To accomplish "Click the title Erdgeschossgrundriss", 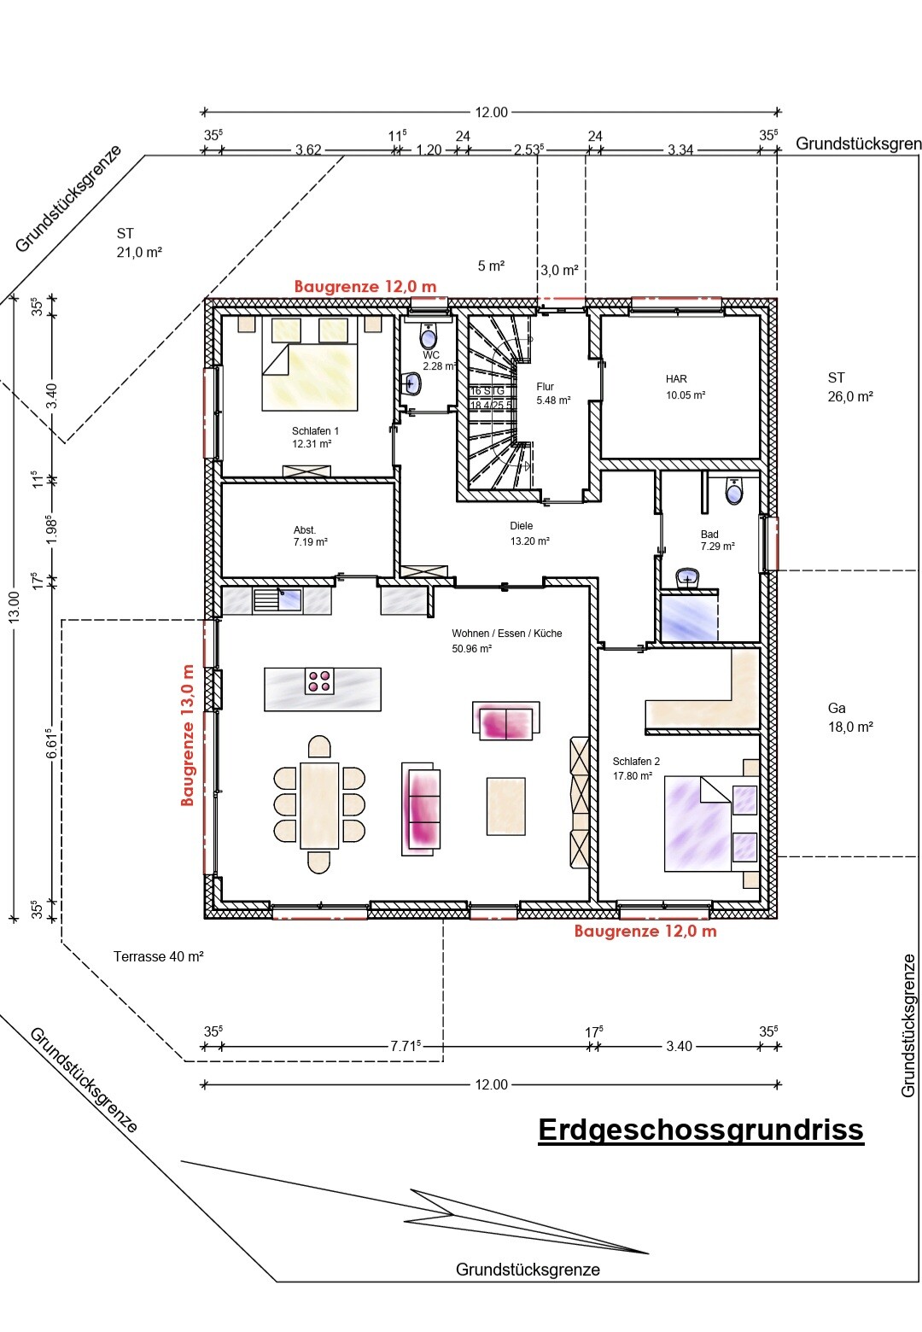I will [x=700, y=1130].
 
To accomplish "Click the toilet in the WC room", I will [x=429, y=335].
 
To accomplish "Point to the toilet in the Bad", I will [x=734, y=491].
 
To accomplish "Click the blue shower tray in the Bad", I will [x=688, y=616].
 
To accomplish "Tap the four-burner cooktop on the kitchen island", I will [x=320, y=681].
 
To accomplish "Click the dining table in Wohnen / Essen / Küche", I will [x=319, y=805].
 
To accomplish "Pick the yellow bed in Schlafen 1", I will [x=310, y=376].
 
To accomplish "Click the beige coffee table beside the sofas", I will [x=505, y=805].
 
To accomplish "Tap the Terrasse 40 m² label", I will [x=158, y=956].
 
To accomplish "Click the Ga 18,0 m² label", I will [x=849, y=717].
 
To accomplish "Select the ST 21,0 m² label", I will [x=138, y=242].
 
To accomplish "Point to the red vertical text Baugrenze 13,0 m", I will [x=188, y=735].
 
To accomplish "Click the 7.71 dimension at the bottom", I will [x=405, y=1046].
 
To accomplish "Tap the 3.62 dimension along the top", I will [x=308, y=150].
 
